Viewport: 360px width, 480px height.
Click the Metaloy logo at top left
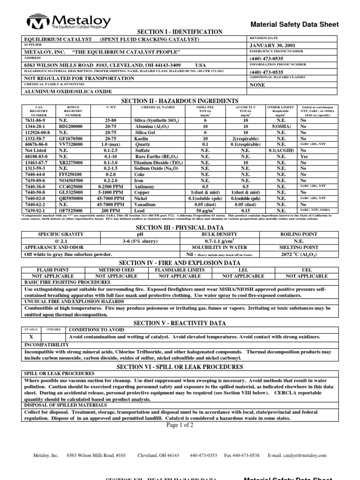[x=69, y=22]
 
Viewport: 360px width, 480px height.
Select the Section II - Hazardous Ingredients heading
[x=180, y=101]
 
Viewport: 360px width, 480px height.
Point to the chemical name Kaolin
[x=145, y=139]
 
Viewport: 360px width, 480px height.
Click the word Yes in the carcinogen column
[x=304, y=157]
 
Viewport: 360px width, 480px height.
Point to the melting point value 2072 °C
[x=299, y=254]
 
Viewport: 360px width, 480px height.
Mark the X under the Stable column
[x=31, y=337]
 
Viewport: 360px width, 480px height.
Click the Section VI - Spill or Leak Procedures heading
[x=180, y=367]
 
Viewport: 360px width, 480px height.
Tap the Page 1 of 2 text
[x=180, y=425]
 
